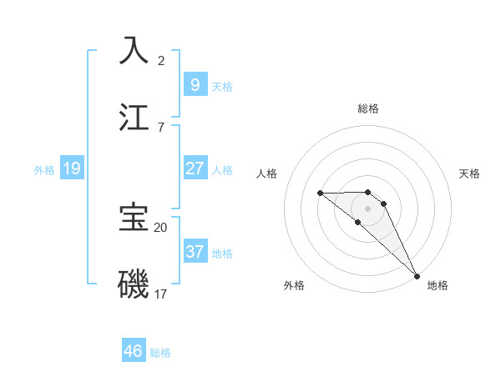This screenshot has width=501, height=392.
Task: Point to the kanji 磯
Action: [x=134, y=284]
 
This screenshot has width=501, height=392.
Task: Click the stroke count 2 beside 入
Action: [x=161, y=60]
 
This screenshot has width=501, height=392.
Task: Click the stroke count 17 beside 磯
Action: [x=161, y=294]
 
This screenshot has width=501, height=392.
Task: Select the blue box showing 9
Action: [x=195, y=84]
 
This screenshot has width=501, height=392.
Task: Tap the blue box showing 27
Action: [x=195, y=168]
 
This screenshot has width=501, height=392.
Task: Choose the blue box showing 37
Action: [x=195, y=251]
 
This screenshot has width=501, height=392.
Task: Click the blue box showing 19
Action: [x=71, y=168]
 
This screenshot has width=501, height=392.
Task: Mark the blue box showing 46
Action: [x=134, y=351]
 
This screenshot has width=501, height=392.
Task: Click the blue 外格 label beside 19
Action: [x=44, y=170]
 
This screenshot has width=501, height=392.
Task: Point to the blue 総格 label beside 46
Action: [x=160, y=353]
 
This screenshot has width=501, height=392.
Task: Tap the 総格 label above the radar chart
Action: [x=368, y=108]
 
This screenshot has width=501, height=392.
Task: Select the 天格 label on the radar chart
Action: [x=469, y=173]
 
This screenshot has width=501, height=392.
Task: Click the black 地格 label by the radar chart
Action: [x=438, y=285]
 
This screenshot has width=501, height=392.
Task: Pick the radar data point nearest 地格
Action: [x=417, y=275]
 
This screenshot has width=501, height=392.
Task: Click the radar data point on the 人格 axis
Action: [x=320, y=193]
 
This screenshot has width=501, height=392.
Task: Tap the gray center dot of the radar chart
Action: [x=368, y=209]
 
